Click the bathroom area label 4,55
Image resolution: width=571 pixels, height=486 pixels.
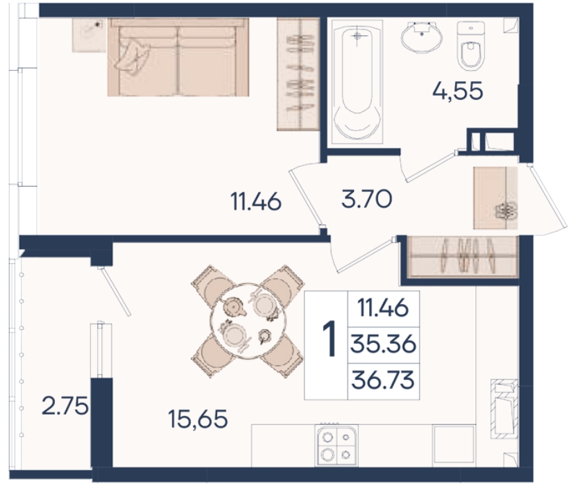point(458,91)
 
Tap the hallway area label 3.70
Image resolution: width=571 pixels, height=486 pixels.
point(367,199)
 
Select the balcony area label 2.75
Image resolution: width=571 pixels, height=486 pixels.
point(65,405)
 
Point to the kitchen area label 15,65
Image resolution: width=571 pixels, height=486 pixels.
point(198,419)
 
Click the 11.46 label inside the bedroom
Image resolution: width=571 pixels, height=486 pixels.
point(256,201)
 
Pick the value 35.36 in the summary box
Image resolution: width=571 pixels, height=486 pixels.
point(383,344)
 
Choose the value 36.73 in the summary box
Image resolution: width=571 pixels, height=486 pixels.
point(383,380)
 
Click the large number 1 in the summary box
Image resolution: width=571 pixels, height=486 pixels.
point(330,339)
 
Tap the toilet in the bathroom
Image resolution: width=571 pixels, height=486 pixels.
point(470,45)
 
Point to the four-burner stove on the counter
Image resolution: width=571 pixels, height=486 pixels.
point(337,445)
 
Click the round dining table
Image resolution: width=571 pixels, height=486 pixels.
point(248,321)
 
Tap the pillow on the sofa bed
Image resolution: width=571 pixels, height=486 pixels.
point(133,57)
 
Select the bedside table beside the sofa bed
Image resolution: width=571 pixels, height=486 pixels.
point(89,35)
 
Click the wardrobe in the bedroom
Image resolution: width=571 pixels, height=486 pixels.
point(298,74)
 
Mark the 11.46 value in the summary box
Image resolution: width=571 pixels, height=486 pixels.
point(383,308)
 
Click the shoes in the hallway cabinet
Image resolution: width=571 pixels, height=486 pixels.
point(506,210)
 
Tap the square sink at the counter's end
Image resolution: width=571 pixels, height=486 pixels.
point(453,445)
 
